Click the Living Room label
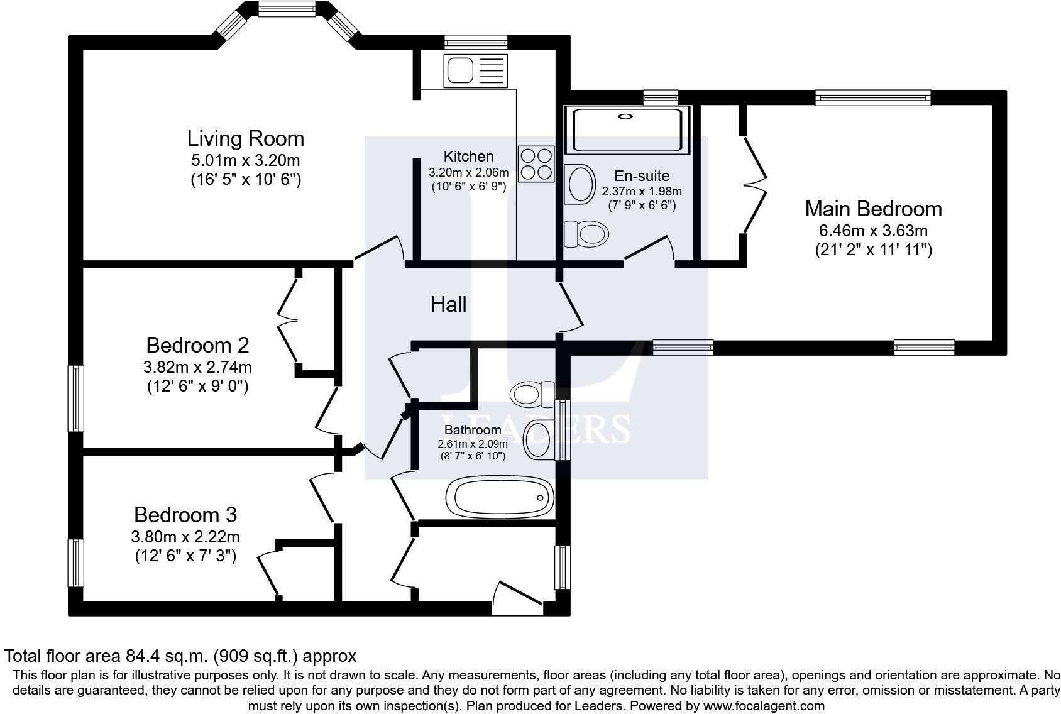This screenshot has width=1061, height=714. [245, 138]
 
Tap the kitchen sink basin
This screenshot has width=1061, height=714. [458, 70]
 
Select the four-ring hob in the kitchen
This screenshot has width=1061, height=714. [536, 164]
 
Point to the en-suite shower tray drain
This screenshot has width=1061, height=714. [625, 116]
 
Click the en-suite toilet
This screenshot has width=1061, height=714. [586, 234]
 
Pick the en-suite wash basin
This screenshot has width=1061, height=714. [580, 184]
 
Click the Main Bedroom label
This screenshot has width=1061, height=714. [874, 209]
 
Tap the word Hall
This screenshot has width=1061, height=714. [449, 304]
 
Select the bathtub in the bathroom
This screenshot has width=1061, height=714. [500, 498]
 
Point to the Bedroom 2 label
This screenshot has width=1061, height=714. [197, 345]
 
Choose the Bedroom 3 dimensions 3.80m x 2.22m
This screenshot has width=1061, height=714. [185, 537]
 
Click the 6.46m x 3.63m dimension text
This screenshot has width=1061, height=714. [874, 231]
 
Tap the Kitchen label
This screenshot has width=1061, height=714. [468, 157]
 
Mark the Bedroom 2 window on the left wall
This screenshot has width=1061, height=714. [76, 398]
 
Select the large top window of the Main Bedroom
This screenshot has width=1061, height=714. [873, 97]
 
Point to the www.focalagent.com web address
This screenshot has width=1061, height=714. [764, 706]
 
